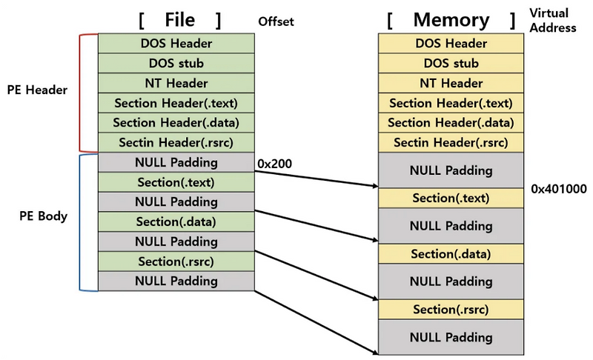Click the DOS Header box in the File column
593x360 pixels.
176,44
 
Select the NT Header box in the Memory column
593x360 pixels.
451,83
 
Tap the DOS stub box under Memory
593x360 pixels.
451,64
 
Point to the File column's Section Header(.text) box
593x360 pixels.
176,103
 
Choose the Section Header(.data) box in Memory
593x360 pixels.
451,123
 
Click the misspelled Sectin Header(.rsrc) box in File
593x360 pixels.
176,143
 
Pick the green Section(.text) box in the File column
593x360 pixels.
176,182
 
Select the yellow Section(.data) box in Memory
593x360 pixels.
451,254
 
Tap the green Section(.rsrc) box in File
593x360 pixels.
176,261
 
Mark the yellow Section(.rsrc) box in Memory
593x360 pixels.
451,309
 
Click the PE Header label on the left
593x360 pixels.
42,90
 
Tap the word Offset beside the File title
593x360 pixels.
276,21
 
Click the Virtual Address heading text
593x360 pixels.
554,21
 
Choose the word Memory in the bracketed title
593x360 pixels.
451,20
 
